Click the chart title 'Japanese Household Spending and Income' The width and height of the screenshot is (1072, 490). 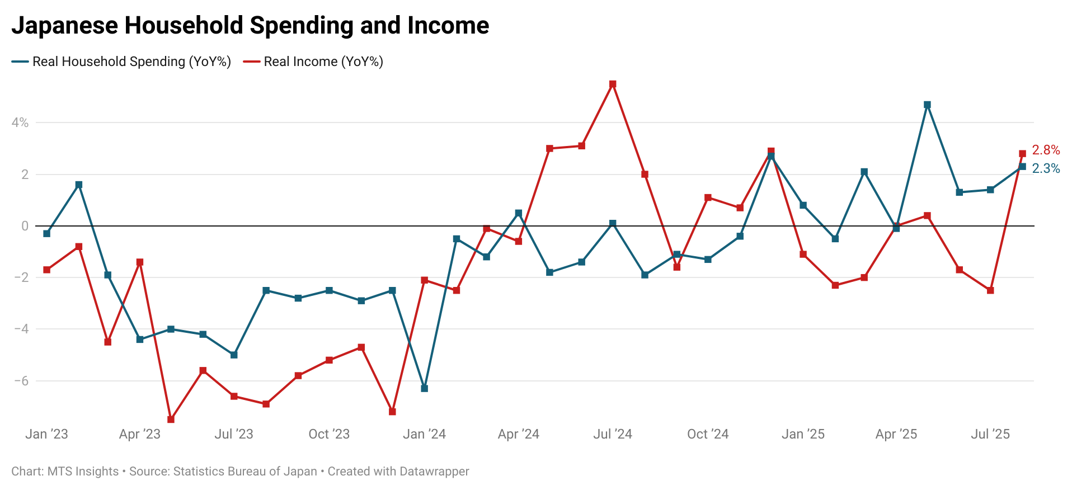click(250, 26)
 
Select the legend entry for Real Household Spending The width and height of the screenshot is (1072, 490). click(131, 62)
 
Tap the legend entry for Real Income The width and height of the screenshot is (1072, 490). click(323, 62)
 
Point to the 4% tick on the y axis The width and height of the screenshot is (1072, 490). click(20, 123)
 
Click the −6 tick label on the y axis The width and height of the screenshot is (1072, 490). click(21, 381)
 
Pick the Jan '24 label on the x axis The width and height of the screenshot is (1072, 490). click(424, 434)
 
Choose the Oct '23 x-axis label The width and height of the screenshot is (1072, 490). click(329, 434)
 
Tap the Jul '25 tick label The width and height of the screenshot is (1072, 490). click(990, 434)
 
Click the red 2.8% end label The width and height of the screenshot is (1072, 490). click(1046, 150)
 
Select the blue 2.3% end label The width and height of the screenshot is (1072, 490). click(1046, 168)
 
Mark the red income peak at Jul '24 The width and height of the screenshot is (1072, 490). click(613, 84)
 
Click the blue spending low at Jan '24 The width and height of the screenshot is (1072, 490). click(424, 388)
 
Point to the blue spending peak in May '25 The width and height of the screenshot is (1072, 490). click(927, 105)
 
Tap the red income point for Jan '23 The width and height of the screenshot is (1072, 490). click(47, 270)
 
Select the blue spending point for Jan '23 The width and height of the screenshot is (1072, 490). click(47, 234)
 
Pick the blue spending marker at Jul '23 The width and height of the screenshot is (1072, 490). click(234, 355)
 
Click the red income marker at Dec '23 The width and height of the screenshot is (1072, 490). click(392, 412)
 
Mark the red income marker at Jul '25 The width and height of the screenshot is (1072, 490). click(990, 290)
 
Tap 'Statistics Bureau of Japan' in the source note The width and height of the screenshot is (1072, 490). click(245, 472)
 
